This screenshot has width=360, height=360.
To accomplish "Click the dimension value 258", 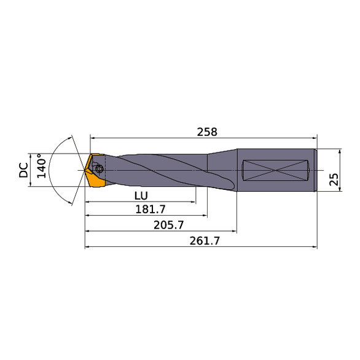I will pyautogui.click(x=207, y=131).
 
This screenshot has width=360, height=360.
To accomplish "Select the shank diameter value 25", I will pyautogui.click(x=333, y=180).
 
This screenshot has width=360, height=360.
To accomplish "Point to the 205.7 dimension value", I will pyautogui.click(x=168, y=225).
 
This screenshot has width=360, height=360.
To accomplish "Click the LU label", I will pyautogui.click(x=141, y=195).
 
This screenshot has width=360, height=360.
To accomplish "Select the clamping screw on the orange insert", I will pyautogui.click(x=99, y=166).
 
